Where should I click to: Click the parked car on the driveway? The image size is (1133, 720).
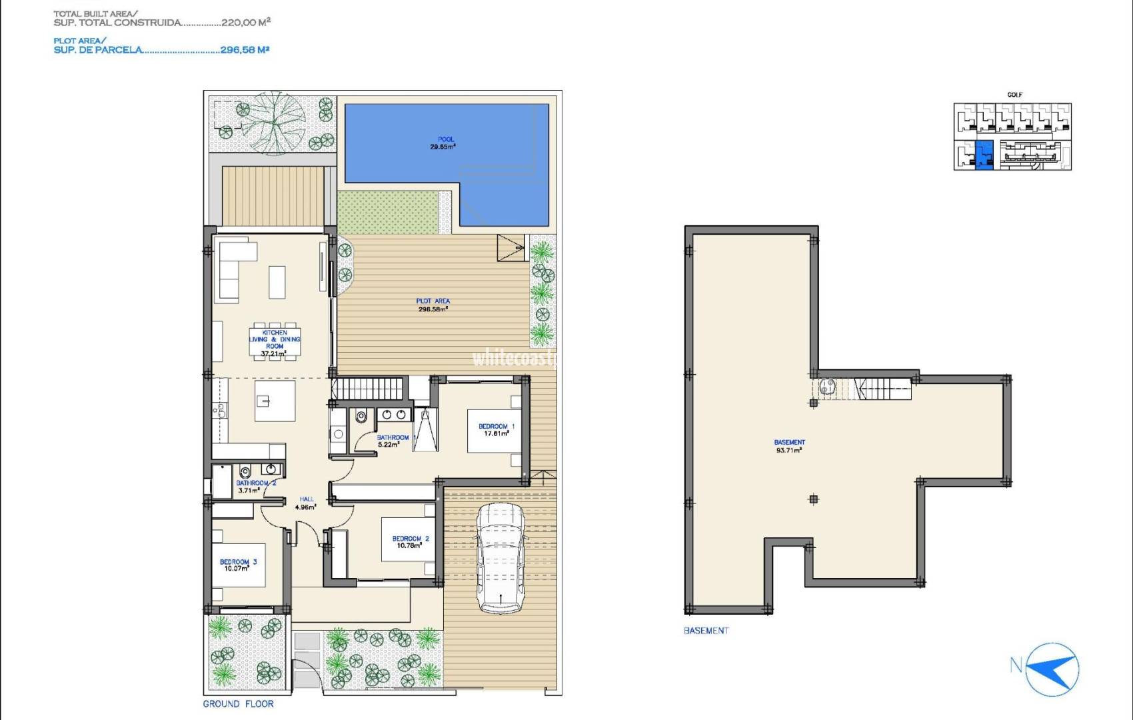[501, 559]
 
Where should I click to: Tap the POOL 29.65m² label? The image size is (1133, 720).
[444, 143]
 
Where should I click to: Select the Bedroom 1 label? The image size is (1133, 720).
[496, 430]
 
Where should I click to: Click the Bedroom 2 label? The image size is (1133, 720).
[410, 542]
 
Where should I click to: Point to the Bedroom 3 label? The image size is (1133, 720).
[238, 565]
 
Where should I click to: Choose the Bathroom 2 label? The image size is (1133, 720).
[255, 487]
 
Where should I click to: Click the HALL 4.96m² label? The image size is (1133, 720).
[306, 503]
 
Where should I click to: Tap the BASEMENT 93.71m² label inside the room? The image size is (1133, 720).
[789, 446]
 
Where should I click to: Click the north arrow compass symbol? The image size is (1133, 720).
[1052, 669]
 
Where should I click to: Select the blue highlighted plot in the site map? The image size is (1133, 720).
[984, 155]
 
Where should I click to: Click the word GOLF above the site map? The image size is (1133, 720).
[1014, 95]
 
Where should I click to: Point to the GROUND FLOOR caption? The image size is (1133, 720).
[238, 704]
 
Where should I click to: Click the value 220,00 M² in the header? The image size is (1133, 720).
[246, 23]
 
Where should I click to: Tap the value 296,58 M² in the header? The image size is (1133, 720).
[245, 49]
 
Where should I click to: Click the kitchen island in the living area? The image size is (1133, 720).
[275, 401]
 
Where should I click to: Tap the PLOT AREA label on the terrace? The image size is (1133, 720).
[433, 305]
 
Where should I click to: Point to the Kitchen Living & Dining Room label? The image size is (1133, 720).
[275, 343]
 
